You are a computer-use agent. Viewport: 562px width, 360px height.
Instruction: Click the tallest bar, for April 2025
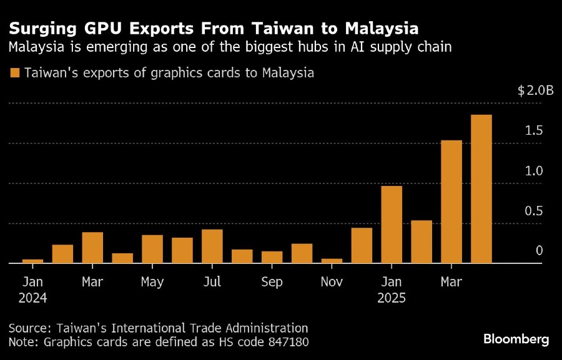pyautogui.click(x=481, y=189)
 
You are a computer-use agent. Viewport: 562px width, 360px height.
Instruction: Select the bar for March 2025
pyautogui.click(x=451, y=202)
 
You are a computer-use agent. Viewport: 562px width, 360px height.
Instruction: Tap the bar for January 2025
pyautogui.click(x=392, y=225)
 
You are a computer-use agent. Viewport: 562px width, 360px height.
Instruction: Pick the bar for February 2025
pyautogui.click(x=421, y=241)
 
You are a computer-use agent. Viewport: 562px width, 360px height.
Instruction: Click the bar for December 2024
pyautogui.click(x=362, y=245)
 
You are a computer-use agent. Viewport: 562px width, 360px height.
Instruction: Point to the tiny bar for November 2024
pyautogui.click(x=332, y=261)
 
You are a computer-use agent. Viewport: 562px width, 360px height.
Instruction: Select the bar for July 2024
pyautogui.click(x=212, y=246)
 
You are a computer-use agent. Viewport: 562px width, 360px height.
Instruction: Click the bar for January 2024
pyautogui.click(x=32, y=261)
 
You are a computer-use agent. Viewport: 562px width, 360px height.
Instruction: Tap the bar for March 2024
pyautogui.click(x=92, y=248)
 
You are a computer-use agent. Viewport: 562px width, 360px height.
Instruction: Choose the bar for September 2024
pyautogui.click(x=272, y=257)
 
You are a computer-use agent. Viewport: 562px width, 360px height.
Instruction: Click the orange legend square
pyautogui.click(x=15, y=74)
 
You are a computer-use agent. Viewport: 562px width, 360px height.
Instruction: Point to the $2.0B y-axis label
pyautogui.click(x=535, y=91)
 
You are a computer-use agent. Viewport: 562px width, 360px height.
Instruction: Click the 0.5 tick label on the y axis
pyautogui.click(x=534, y=211)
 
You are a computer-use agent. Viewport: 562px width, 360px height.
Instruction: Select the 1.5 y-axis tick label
pyautogui.click(x=534, y=131)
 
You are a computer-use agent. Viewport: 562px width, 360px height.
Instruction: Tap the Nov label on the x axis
pyautogui.click(x=332, y=283)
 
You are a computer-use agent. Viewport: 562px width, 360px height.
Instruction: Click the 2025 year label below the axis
pyautogui.click(x=392, y=298)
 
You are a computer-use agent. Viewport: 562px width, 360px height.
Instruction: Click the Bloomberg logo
pyautogui.click(x=516, y=339)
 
